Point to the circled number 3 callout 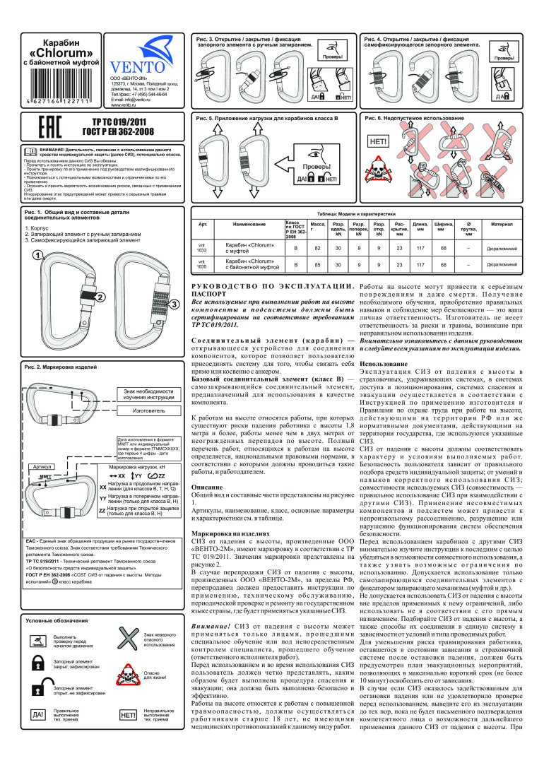coord(174,304)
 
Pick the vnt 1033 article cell coord(201,247)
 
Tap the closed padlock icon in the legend coord(37,661)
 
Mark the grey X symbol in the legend coord(127,642)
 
